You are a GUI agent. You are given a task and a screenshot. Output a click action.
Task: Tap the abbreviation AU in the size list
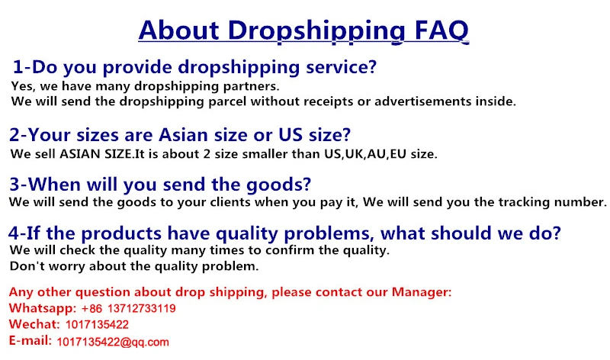point(376,154)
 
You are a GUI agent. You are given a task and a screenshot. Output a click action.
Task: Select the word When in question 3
point(54,184)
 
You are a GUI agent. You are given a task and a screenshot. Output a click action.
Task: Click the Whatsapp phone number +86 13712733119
point(128,309)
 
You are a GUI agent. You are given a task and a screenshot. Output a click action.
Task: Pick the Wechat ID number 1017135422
point(97,325)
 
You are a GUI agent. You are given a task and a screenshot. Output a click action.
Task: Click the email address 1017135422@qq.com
point(113,342)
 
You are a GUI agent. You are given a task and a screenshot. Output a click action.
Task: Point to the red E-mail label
point(30,340)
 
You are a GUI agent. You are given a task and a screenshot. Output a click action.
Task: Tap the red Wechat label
point(34,324)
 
